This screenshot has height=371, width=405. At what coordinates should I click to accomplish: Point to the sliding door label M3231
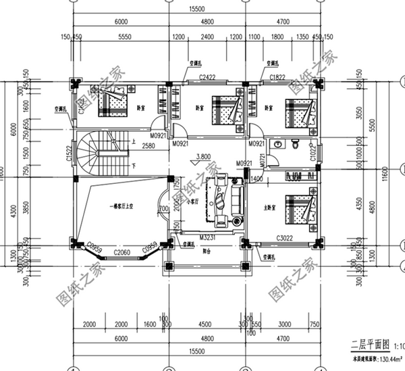point(207,238)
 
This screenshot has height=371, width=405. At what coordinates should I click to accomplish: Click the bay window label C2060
point(122,252)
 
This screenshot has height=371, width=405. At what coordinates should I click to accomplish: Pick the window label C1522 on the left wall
point(70,155)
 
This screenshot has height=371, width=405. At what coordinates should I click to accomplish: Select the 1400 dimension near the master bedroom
point(256,178)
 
